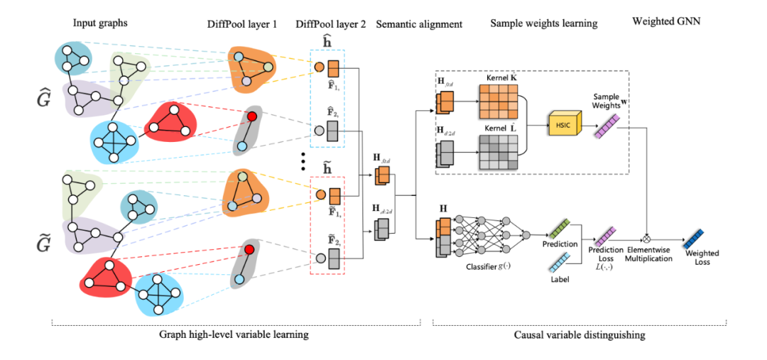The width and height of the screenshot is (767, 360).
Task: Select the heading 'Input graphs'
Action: (x=100, y=23)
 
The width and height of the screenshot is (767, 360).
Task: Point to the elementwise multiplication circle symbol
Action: (x=646, y=235)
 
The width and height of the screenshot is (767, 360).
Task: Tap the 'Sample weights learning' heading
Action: (x=543, y=23)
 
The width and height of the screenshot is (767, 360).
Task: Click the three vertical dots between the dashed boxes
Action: (x=303, y=163)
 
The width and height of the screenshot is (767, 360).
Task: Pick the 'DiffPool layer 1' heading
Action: (x=241, y=24)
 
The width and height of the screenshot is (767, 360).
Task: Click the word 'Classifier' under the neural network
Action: (x=481, y=267)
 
